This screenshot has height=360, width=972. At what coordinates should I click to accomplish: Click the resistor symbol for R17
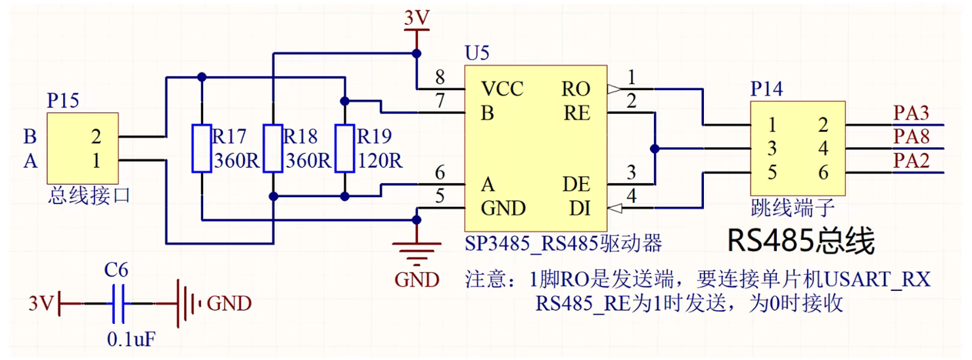[x=201, y=148]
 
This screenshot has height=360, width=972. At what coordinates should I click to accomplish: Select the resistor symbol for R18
[x=273, y=148]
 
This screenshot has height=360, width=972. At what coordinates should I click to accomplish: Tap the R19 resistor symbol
[x=344, y=148]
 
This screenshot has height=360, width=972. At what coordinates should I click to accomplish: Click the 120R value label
[x=380, y=160]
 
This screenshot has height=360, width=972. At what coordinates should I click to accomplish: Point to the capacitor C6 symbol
[x=118, y=304]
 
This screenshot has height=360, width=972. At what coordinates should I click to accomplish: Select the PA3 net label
[x=911, y=113]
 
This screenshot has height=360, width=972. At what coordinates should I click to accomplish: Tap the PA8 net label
[x=911, y=137]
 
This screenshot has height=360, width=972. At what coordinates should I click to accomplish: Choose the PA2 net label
[x=911, y=161]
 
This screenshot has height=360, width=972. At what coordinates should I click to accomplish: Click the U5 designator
[x=476, y=53]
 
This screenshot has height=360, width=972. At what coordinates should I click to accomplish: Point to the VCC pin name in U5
[x=502, y=89]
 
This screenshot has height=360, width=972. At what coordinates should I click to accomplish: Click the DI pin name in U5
[x=579, y=208]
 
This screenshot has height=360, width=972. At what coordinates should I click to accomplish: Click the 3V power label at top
[x=416, y=18]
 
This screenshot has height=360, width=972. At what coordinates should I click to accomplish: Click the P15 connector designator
[x=62, y=101]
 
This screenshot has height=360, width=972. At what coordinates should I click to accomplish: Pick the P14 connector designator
[x=766, y=89]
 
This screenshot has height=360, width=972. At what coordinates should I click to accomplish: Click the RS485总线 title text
[x=800, y=241]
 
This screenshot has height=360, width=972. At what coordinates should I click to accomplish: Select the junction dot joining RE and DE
[x=655, y=148]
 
